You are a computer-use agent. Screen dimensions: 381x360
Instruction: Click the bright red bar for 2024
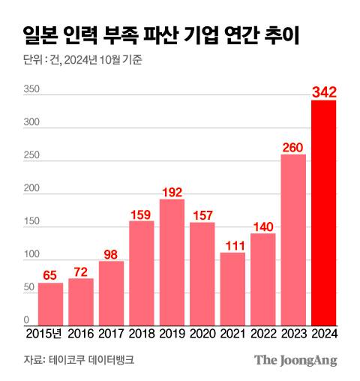pos(323,212)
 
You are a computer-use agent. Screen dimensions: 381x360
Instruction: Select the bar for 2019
pos(172,262)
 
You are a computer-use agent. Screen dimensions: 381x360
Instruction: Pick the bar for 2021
pos(232,289)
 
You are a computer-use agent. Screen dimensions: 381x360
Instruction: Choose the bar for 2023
pos(293,239)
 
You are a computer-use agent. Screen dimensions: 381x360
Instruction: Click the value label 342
pos(323,92)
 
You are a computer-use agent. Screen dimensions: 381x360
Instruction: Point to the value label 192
pos(172,191)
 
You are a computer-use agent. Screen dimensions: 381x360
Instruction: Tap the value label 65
pos(51,275)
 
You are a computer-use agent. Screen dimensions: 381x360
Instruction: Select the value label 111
pos(232,244)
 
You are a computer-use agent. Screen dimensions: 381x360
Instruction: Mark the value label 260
pos(293,147)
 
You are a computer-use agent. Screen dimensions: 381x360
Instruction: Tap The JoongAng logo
pos(295,360)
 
